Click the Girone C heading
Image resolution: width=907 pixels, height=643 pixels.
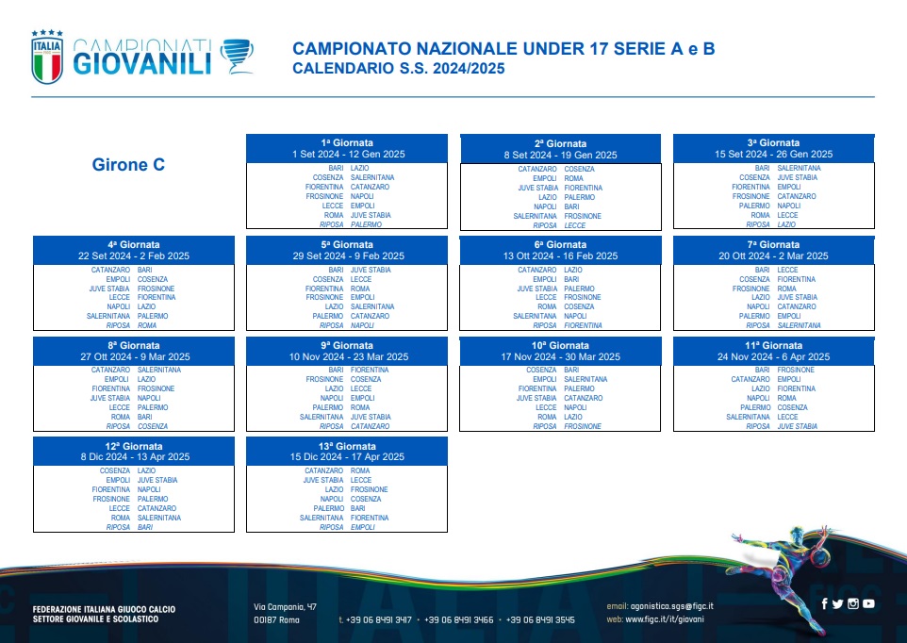pos(128,165)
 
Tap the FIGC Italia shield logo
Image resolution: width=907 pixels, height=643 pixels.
pos(47,57)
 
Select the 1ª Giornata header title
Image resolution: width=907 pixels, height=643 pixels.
pos(347,142)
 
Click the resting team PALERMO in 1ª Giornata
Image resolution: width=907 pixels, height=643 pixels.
pos(366,224)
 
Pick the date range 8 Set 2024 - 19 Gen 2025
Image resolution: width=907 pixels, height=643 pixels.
pos(561,155)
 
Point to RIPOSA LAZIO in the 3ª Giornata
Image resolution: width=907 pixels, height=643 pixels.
pos(771,224)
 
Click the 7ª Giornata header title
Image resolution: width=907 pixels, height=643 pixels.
pos(774,244)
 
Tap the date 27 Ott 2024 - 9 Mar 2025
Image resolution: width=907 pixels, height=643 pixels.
pos(135,356)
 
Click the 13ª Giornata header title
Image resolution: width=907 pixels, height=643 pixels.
pos(347,446)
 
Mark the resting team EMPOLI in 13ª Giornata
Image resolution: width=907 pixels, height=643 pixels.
pos(363,527)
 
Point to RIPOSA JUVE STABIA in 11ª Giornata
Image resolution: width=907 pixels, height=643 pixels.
pos(782,426)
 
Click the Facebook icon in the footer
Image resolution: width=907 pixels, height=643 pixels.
pos(824,603)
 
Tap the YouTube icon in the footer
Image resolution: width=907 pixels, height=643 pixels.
pos(868,603)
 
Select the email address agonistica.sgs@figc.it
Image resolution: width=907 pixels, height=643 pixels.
pos(671,606)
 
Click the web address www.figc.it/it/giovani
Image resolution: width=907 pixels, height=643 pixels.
pos(665,619)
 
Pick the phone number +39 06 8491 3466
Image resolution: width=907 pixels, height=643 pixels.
pos(459,619)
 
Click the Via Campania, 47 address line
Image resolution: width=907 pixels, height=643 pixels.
pos(285,607)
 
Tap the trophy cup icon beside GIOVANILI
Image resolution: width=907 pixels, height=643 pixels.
pos(238,56)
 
